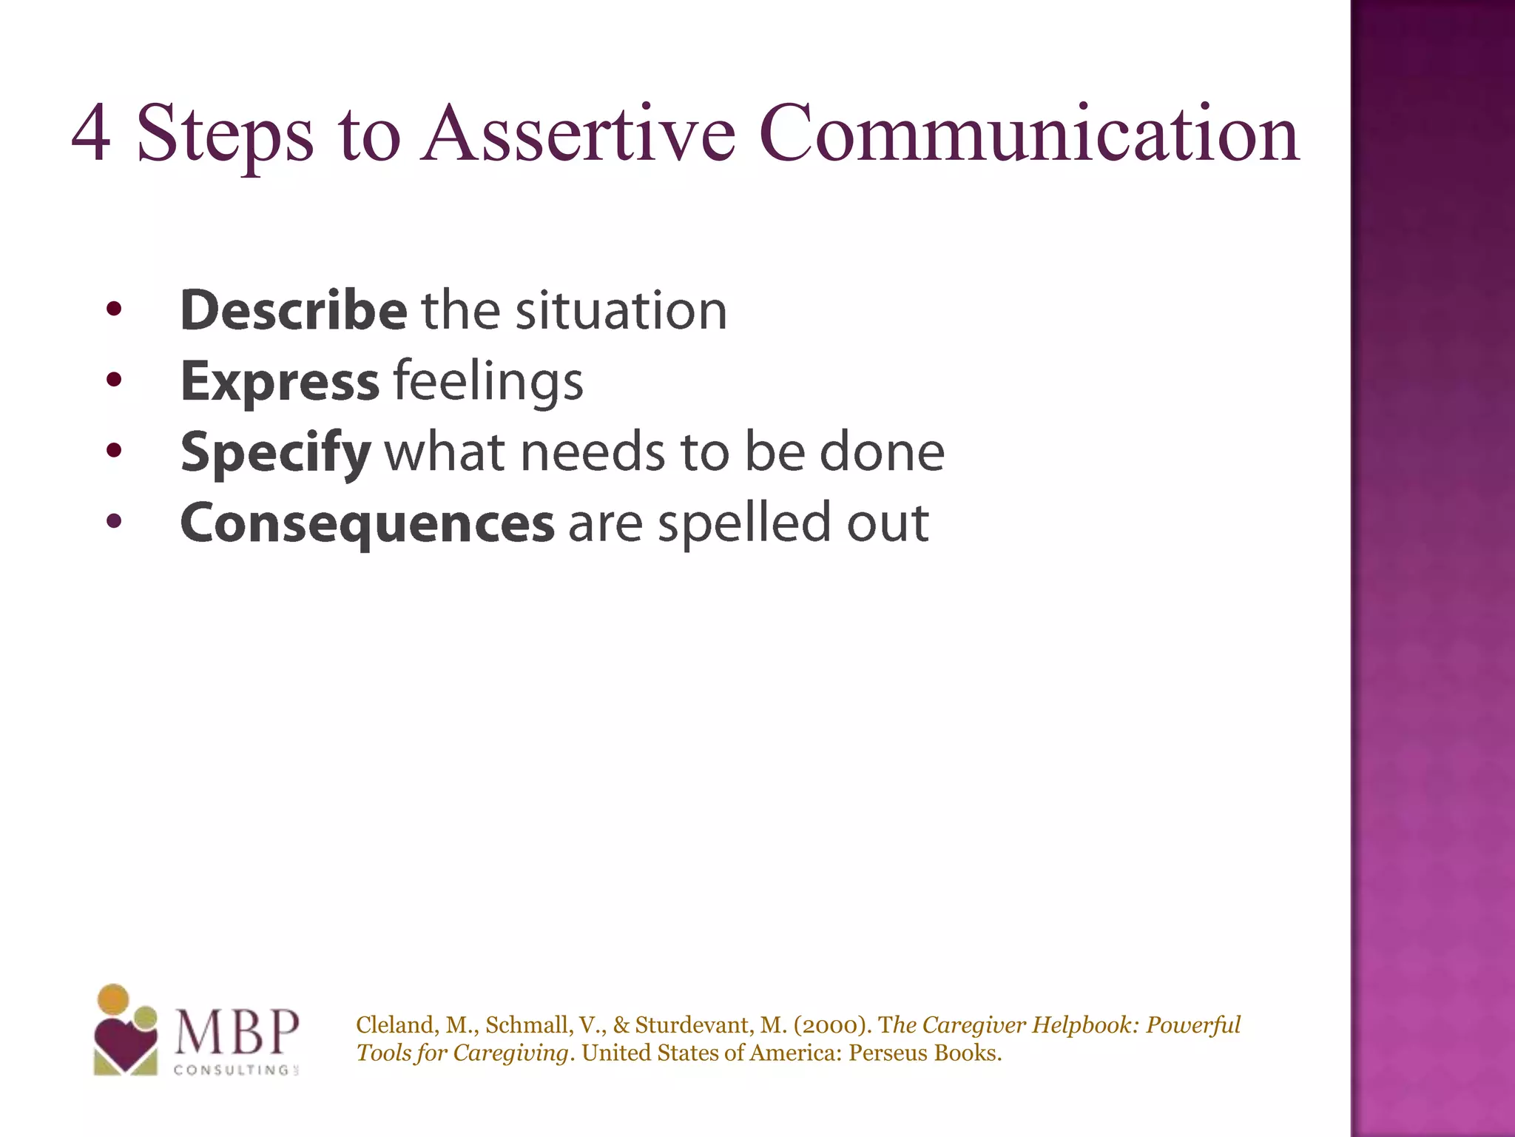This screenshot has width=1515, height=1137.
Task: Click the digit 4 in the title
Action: click(x=92, y=135)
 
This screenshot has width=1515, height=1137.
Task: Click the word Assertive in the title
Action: click(x=578, y=135)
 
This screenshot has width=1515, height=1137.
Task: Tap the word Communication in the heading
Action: click(x=1028, y=135)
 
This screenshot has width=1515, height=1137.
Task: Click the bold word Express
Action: click(x=280, y=382)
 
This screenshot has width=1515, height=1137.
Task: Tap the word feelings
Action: click(x=488, y=382)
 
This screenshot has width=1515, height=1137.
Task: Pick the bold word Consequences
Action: click(x=367, y=523)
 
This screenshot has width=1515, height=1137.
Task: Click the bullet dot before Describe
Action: click(x=112, y=309)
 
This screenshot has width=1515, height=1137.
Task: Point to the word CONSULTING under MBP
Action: click(x=232, y=1070)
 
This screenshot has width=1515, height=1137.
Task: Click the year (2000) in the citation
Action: click(x=834, y=1025)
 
